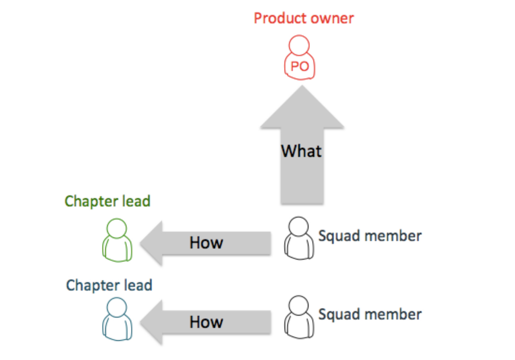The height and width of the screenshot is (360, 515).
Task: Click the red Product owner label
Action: (x=304, y=18)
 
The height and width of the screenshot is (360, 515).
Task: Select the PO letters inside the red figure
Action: (x=299, y=66)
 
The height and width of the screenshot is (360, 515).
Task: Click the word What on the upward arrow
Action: (x=301, y=151)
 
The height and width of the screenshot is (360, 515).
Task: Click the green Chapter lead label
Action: (x=108, y=201)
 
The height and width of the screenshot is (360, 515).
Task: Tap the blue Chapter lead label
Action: (x=109, y=285)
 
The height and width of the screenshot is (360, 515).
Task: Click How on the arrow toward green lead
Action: (x=206, y=243)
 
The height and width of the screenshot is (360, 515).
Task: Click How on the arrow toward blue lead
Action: (x=206, y=322)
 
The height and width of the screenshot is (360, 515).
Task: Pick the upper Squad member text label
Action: (x=370, y=236)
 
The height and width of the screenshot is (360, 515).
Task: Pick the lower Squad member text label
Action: (x=370, y=314)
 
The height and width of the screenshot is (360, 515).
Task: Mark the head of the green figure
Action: (x=117, y=228)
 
